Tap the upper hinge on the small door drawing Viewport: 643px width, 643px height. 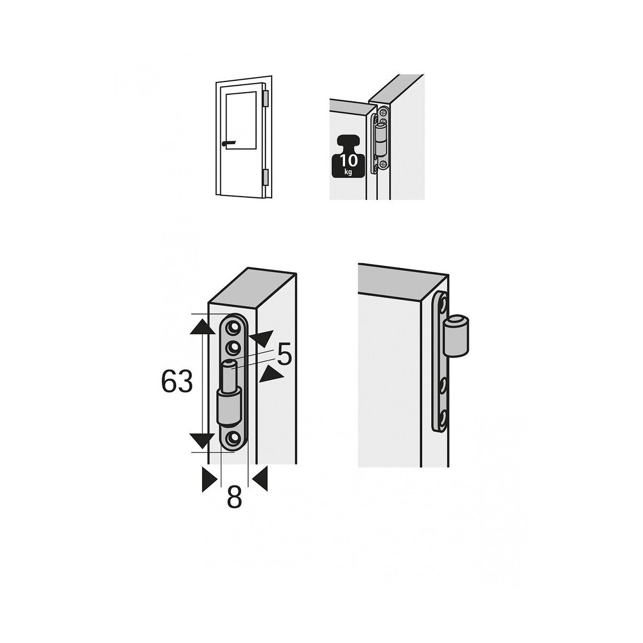coord(266,99)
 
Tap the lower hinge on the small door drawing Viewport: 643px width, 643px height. coord(266,177)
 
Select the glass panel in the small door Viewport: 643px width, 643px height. coord(241,120)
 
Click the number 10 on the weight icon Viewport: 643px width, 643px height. coord(349,161)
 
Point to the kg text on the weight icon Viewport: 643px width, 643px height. coord(349,172)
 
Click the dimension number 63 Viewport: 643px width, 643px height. coord(176,382)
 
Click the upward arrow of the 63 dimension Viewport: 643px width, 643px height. coord(202,326)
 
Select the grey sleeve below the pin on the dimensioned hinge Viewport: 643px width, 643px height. coord(229,406)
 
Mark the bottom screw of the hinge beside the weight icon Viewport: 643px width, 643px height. coord(383,164)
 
